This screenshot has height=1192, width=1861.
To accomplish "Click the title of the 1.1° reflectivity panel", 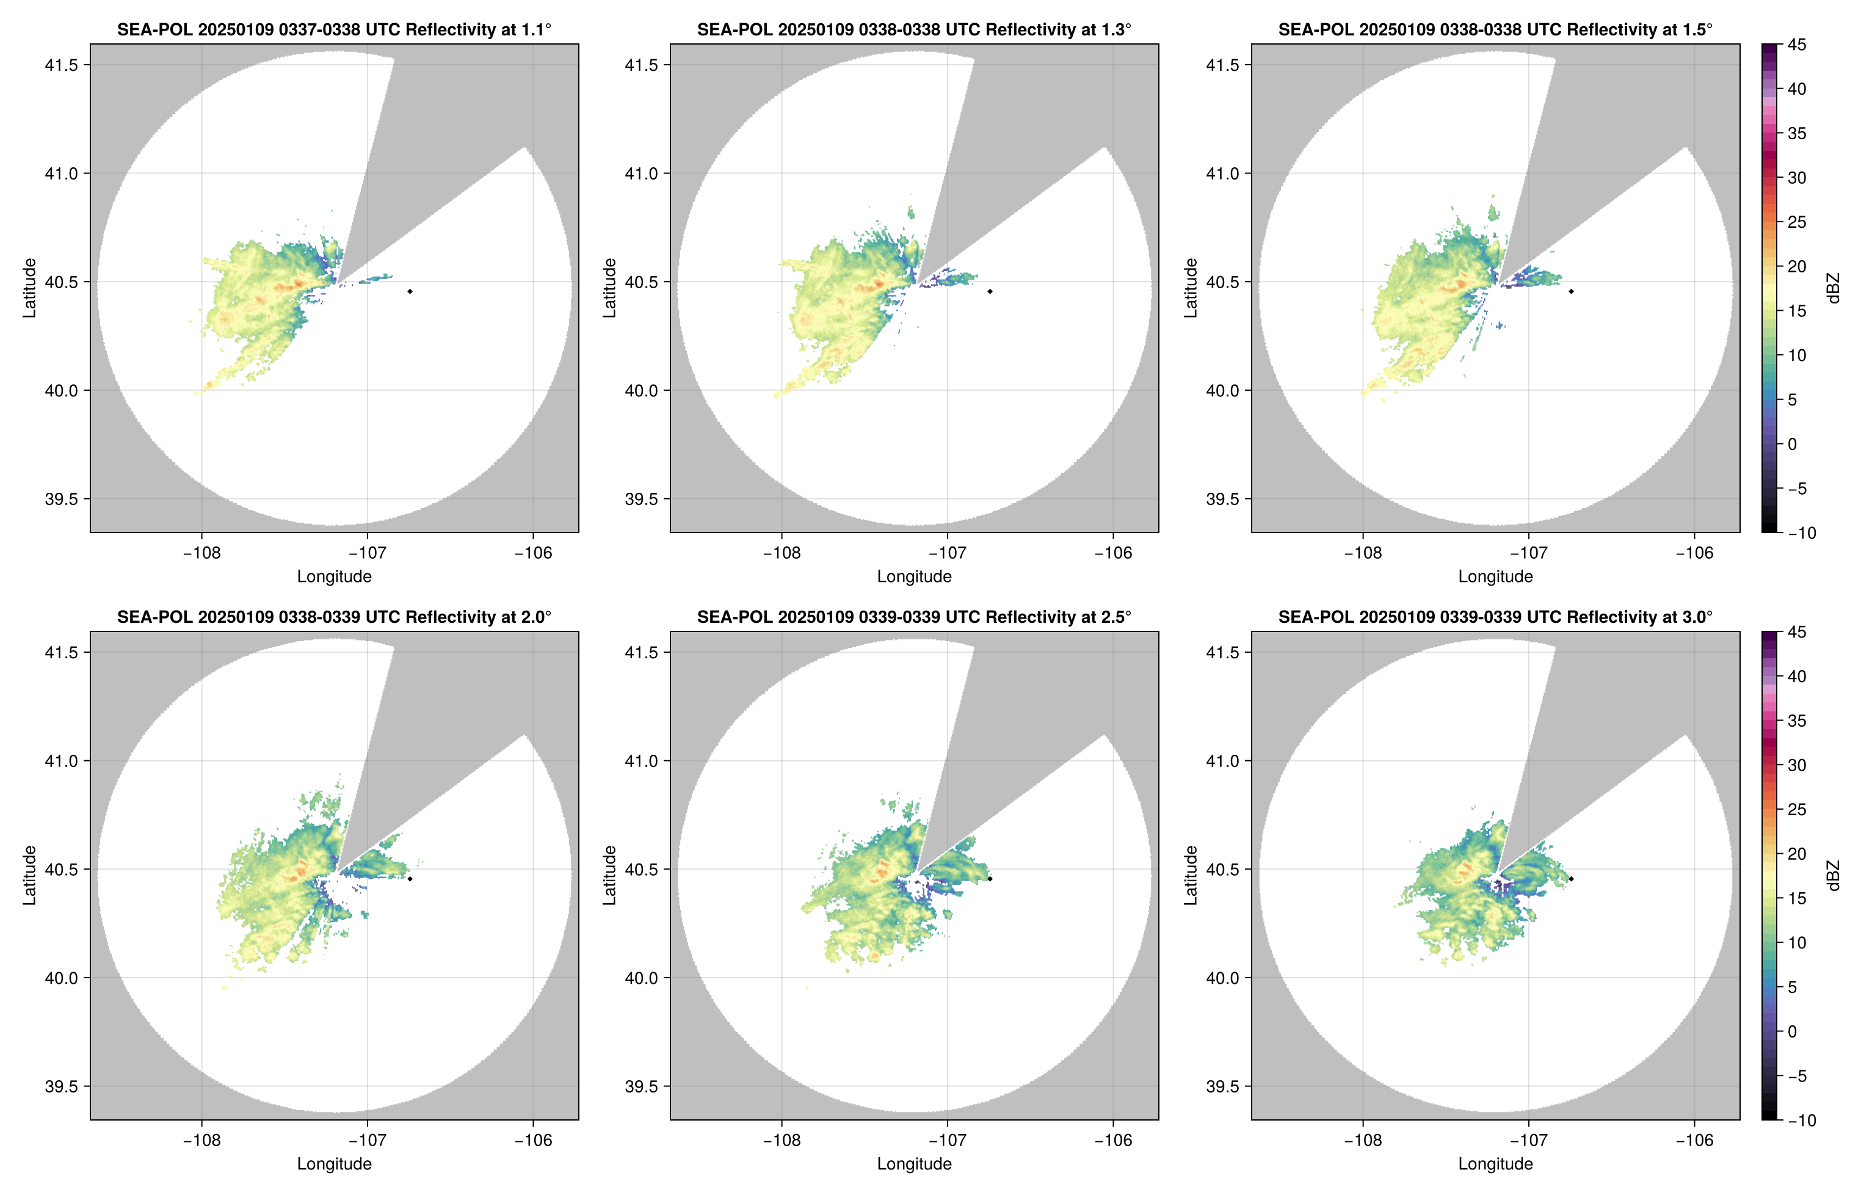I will (x=334, y=29).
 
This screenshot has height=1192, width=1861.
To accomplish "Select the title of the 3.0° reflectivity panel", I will (x=1495, y=617).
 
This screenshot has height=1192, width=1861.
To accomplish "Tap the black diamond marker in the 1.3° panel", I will (x=990, y=291).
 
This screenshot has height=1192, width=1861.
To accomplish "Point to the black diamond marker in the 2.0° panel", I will (x=409, y=879).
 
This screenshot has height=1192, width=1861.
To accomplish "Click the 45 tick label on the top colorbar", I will (x=1797, y=45).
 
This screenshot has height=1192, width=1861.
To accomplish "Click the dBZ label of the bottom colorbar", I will (x=1832, y=876).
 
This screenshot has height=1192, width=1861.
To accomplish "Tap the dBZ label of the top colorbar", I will (x=1832, y=288).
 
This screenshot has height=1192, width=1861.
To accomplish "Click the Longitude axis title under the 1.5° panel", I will (x=1495, y=576).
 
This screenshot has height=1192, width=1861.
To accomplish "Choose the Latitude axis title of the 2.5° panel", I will (x=610, y=876).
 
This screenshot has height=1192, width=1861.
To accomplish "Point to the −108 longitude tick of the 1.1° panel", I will (x=201, y=553).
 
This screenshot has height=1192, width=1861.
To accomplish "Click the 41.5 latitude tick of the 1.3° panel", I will (x=642, y=65).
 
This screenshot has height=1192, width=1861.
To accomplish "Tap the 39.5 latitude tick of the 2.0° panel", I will (x=62, y=1086).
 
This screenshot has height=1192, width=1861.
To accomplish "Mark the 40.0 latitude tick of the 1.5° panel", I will (x=1222, y=391).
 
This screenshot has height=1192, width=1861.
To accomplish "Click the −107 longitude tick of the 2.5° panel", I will (x=947, y=1140).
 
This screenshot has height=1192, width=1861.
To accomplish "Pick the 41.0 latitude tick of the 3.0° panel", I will (x=1222, y=761).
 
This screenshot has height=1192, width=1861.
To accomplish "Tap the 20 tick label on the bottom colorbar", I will (x=1797, y=854).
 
